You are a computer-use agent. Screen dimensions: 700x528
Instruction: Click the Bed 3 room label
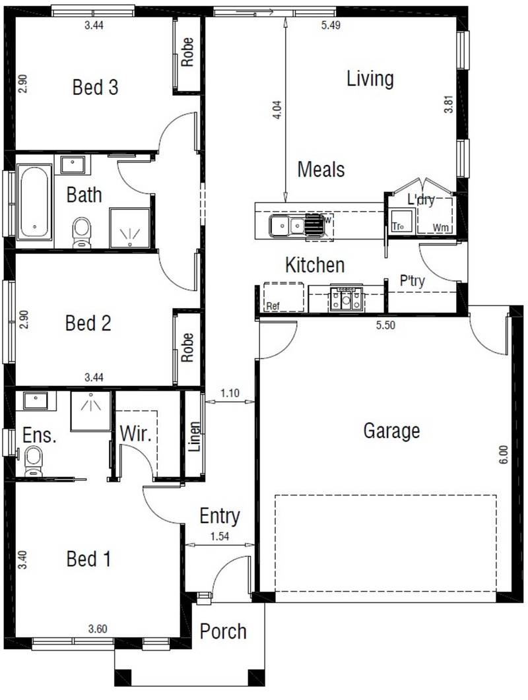(x=95, y=88)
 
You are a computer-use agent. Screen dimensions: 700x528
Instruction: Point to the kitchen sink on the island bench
(x=286, y=226)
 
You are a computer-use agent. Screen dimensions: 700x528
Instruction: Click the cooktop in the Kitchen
(x=346, y=299)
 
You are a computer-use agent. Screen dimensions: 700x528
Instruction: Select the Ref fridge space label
(x=273, y=306)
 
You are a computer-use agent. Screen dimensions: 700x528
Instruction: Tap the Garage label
(x=391, y=431)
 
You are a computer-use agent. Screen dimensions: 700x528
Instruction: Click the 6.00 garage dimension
(x=504, y=457)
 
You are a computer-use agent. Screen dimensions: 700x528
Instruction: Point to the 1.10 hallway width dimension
(x=230, y=394)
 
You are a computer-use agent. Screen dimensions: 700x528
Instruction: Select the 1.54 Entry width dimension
(x=220, y=536)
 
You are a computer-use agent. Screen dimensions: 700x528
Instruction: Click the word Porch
(x=223, y=631)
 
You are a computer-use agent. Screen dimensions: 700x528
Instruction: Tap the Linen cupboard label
(x=194, y=435)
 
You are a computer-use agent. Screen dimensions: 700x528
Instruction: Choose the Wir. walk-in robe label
(x=136, y=435)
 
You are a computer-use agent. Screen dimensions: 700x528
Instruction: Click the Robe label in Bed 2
(x=187, y=347)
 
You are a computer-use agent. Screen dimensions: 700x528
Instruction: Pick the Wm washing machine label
(x=440, y=228)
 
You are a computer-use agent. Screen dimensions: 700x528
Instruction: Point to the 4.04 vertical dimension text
(x=277, y=110)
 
